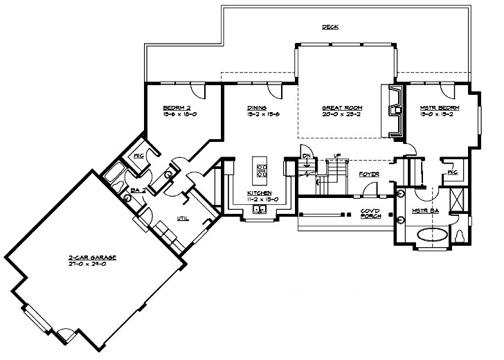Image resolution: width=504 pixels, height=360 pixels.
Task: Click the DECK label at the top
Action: point(330,27)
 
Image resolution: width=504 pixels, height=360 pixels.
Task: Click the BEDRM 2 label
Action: point(176,108)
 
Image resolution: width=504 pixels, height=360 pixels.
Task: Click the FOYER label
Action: point(368,174)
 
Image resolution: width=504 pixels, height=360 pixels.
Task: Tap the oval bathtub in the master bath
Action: point(431,233)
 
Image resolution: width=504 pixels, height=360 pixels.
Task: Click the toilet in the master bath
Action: point(460,237)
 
